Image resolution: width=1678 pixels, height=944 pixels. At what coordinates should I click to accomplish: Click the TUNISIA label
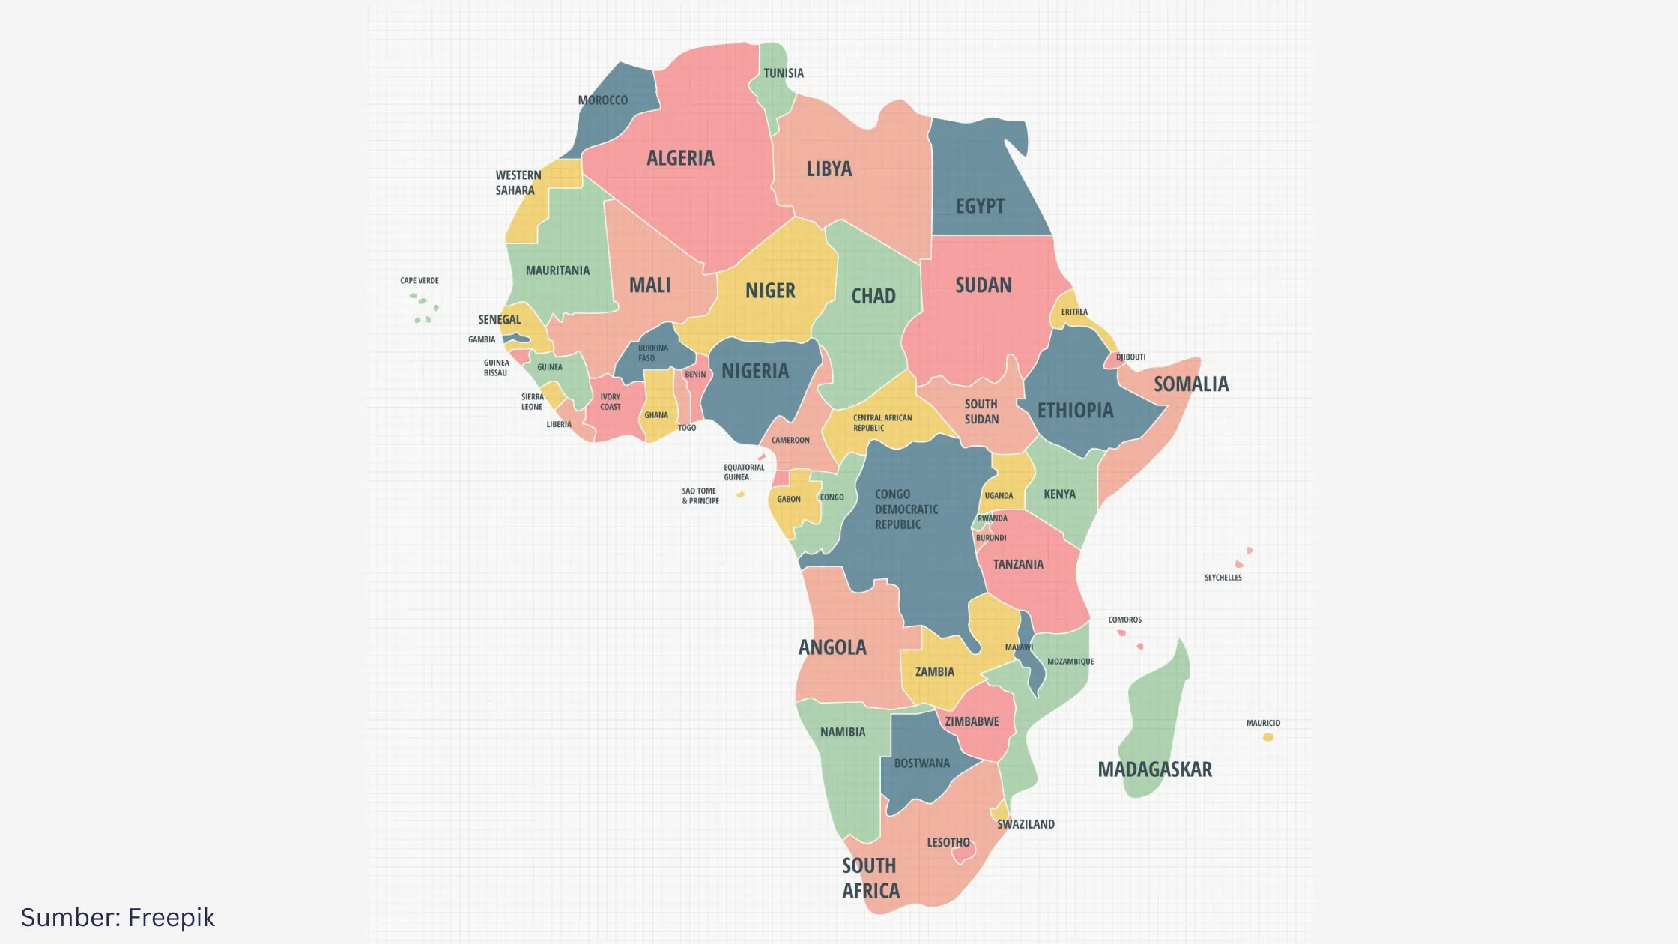[x=784, y=73]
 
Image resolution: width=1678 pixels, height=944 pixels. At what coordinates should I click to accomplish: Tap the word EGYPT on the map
[x=980, y=206]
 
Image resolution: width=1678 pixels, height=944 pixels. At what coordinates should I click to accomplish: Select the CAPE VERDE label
[x=419, y=281]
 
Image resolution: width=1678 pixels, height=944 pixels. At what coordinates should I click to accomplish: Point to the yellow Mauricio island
[x=1268, y=737]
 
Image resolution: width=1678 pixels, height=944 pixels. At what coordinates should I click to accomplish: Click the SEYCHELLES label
[x=1223, y=578]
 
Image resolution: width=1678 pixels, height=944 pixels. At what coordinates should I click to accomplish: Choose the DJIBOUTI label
[x=1130, y=357]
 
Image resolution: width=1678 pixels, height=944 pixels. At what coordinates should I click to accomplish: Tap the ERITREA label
[x=1074, y=312]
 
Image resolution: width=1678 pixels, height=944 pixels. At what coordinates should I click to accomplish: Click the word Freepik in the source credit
[x=171, y=918]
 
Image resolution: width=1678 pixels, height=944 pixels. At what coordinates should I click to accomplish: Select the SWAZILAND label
[x=1026, y=824]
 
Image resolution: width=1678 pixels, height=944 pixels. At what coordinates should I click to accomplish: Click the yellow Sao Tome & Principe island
[x=740, y=494]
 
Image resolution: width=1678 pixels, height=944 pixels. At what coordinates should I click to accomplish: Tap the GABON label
[x=789, y=499]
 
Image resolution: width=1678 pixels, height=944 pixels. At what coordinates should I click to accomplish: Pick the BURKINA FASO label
[x=652, y=353]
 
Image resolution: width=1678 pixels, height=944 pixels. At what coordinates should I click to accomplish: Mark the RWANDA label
[x=993, y=518]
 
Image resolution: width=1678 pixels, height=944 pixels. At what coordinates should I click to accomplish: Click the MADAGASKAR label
[x=1154, y=769]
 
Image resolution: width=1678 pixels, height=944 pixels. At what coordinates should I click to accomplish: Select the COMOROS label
[x=1124, y=620]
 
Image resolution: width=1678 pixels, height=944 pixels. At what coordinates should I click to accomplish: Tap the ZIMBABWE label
[x=972, y=721]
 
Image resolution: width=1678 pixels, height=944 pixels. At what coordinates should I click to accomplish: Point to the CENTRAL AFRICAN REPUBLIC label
[x=882, y=423]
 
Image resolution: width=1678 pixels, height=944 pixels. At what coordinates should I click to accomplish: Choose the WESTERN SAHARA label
[x=518, y=183]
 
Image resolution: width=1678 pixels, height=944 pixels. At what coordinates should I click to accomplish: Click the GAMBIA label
[x=482, y=339]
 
